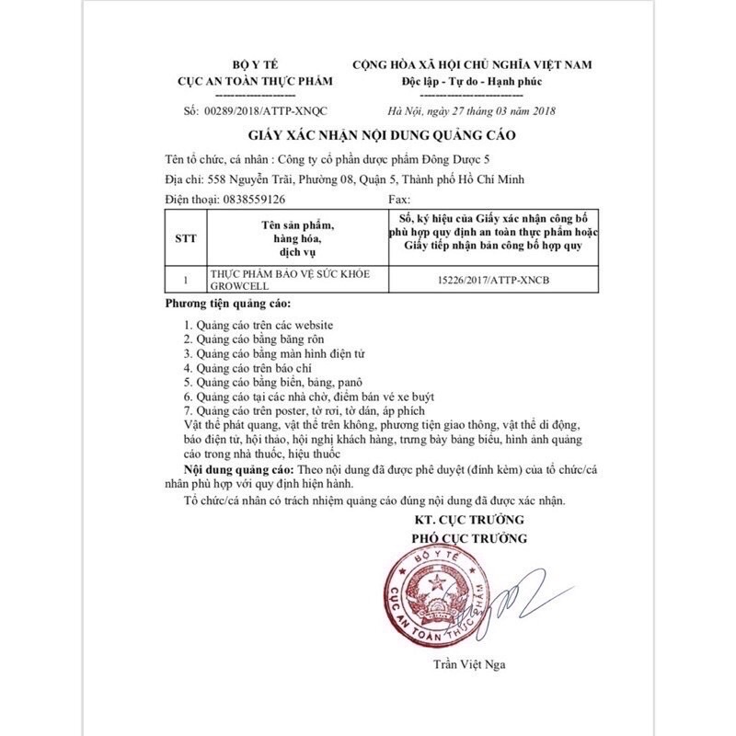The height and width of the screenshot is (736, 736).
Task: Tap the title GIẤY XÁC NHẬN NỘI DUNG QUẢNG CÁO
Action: (x=367, y=134)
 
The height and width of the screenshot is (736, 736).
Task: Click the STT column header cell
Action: (x=184, y=236)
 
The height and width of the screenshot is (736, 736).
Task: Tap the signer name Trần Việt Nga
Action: (x=470, y=663)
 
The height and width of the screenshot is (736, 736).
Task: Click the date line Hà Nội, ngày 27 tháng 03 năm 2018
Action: (x=473, y=111)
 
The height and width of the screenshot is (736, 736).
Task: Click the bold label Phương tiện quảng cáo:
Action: (x=228, y=304)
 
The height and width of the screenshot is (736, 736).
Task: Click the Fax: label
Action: (x=399, y=198)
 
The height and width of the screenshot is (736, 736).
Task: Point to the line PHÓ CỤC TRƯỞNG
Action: (x=470, y=538)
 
